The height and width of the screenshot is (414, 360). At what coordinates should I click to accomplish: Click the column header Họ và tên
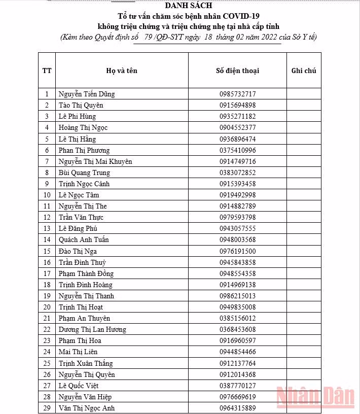[122, 71]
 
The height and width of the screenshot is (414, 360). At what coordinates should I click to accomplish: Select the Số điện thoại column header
[237, 71]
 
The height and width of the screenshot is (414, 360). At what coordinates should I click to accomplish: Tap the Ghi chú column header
[304, 71]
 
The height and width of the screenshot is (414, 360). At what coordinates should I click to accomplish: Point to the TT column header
[47, 71]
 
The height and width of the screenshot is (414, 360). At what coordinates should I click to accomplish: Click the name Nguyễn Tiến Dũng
[87, 94]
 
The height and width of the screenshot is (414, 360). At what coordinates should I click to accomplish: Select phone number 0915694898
[237, 105]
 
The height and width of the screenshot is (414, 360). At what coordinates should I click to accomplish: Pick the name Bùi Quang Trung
[84, 172]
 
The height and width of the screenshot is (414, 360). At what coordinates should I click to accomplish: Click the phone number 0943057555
[237, 228]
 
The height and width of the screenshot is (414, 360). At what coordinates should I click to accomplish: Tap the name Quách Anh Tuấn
[84, 239]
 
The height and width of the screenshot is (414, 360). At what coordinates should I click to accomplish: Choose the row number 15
[47, 251]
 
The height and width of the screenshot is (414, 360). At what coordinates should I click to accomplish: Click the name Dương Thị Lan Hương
[92, 329]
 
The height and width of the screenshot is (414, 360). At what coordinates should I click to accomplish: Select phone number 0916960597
[237, 340]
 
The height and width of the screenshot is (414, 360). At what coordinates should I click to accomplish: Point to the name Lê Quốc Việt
[79, 386]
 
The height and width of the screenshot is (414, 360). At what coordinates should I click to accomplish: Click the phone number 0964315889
[237, 408]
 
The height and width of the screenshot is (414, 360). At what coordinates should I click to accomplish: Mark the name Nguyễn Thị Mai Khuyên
[95, 161]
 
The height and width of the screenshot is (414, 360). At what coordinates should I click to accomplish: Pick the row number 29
[47, 408]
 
